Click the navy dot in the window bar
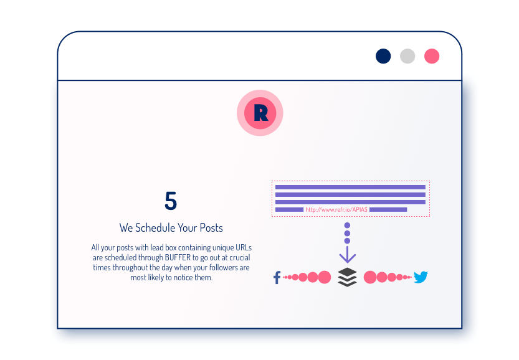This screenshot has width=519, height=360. tap(383, 56)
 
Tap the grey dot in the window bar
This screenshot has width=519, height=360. tap(407, 56)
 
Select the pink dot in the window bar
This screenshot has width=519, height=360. tap(432, 56)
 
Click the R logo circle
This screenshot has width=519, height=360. tap(260, 113)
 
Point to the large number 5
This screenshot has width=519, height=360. tap(171, 201)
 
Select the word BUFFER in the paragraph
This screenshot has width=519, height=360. tap(178, 257)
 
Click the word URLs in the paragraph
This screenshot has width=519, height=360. tap(243, 247)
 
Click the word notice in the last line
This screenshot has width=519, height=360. tap(183, 277)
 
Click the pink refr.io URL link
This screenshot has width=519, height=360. tap(336, 209)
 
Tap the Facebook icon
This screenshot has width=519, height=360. tap(277, 277)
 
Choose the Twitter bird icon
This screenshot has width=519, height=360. tap(421, 277)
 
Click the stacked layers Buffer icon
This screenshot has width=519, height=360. tap(347, 277)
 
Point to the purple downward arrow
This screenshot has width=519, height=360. tap(347, 254)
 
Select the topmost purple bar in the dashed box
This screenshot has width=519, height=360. tap(350, 187)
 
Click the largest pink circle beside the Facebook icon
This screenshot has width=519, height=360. tap(325, 277)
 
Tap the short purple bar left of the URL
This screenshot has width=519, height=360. tap(289, 209)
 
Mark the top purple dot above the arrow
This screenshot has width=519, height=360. tap(347, 225)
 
